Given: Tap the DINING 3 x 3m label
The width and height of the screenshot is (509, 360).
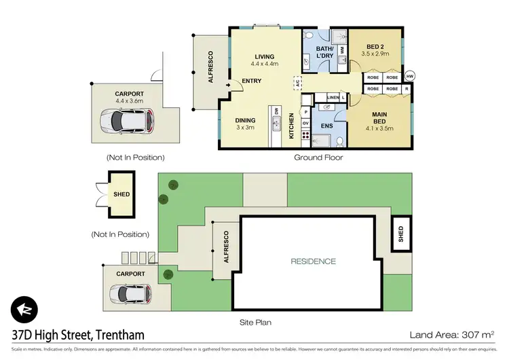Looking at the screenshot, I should click(x=246, y=124).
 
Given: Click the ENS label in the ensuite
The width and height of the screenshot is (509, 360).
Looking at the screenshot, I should click(x=326, y=126).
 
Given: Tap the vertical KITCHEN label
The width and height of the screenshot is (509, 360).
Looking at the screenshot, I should click(x=293, y=126).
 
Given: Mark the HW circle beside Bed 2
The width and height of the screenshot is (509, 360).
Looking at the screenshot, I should click(x=410, y=76).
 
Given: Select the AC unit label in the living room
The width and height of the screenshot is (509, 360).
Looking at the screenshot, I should click(x=297, y=83).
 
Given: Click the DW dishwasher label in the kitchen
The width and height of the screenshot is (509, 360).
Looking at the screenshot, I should click(x=276, y=110).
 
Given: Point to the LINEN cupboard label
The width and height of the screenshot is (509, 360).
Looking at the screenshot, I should click(x=333, y=98).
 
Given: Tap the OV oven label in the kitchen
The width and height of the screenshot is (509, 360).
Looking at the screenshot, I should click(x=305, y=123).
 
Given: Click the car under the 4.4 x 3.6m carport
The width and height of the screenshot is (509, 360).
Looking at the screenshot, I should click(x=121, y=122).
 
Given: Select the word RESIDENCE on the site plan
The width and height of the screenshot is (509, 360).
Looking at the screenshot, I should click(x=314, y=261).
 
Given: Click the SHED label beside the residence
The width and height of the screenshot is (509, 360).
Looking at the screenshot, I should click(x=400, y=233).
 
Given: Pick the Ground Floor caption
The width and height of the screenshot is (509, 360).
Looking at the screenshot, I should click(x=318, y=157).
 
